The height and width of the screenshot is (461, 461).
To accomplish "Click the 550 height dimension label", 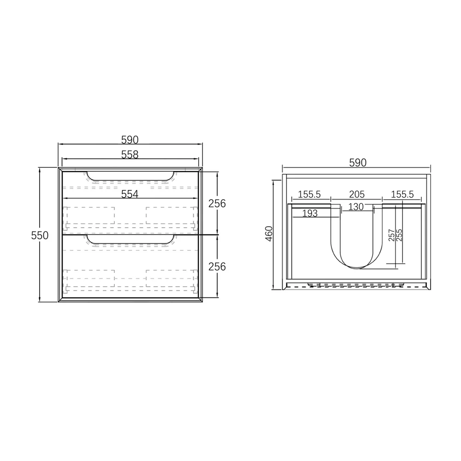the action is (40, 235).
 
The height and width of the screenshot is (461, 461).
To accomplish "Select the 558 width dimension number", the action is (130, 154).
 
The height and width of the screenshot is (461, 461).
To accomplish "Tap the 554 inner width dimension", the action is (130, 194).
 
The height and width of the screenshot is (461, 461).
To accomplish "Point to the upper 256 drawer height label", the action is (217, 203).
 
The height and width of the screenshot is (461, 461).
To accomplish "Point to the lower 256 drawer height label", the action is (217, 266).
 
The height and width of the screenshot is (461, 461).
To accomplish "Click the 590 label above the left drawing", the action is (130, 140).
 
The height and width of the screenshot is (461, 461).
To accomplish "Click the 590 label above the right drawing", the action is (358, 163).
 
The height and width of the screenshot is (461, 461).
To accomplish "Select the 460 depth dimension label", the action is (269, 234).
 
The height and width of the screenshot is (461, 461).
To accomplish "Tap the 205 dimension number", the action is (357, 195).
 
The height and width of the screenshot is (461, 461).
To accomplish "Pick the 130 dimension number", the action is (356, 207).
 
